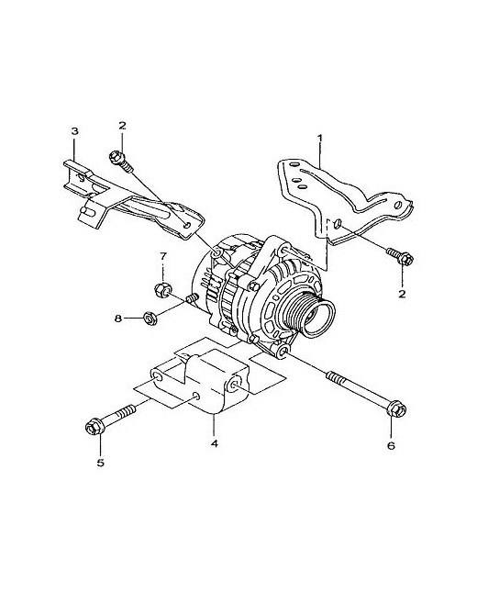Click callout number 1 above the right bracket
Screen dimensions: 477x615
click(x=320, y=138)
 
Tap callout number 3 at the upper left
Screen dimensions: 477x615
click(x=74, y=131)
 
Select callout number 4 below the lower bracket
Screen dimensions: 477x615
click(x=214, y=443)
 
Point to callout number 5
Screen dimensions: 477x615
click(x=100, y=463)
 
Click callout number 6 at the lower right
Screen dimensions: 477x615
click(x=391, y=445)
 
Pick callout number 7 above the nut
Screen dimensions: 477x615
click(x=162, y=256)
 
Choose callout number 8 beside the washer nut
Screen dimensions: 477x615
click(x=118, y=319)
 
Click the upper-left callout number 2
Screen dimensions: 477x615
click(x=122, y=126)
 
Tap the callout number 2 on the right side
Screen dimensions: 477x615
click(x=402, y=294)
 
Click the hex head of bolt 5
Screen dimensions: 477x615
click(x=94, y=427)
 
